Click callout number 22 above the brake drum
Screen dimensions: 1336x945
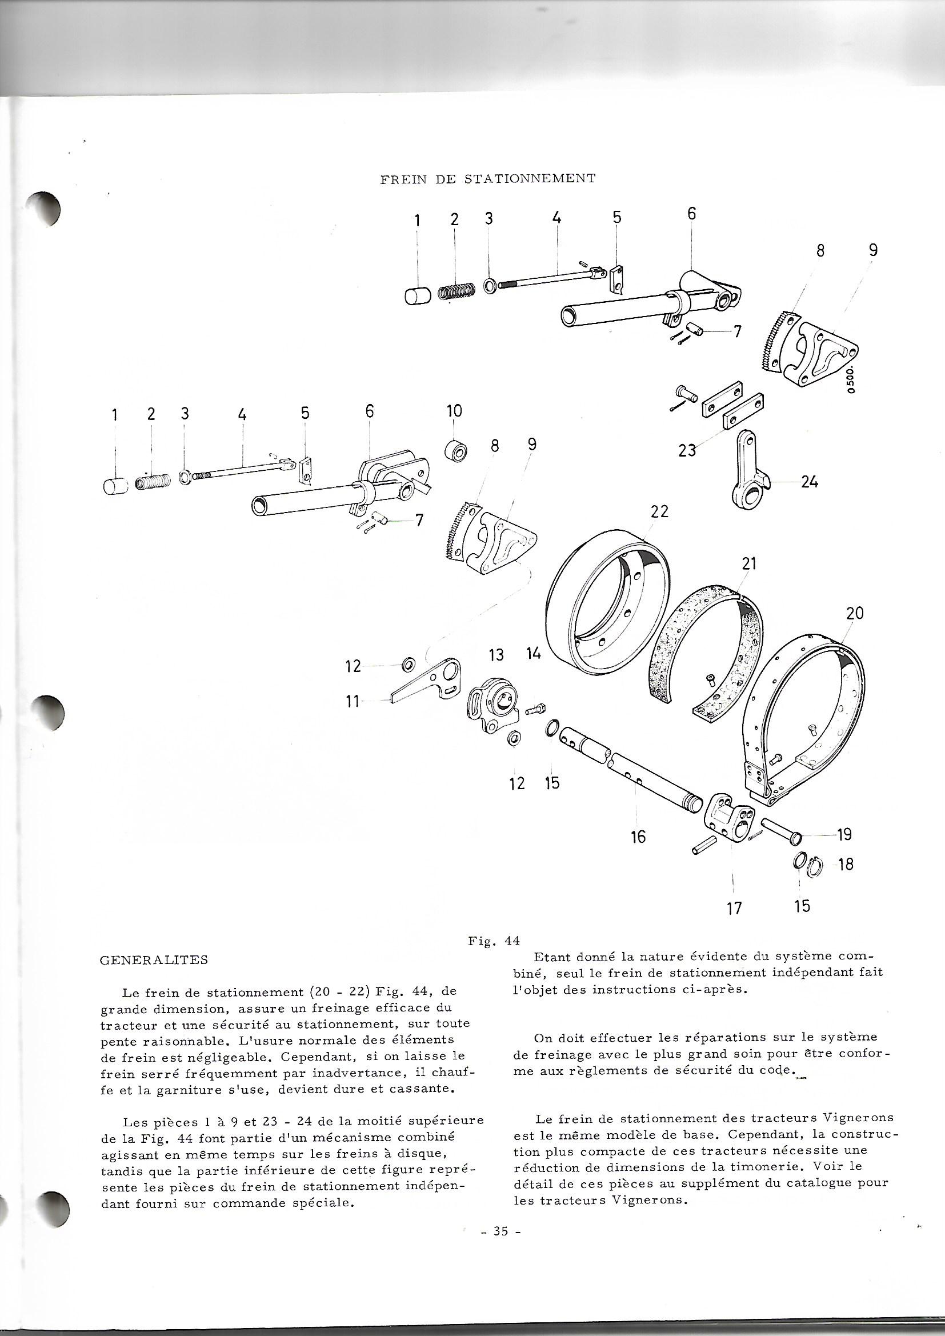click(659, 511)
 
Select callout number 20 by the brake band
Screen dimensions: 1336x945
click(855, 613)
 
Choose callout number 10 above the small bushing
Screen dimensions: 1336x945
click(454, 411)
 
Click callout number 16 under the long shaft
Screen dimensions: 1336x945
click(638, 837)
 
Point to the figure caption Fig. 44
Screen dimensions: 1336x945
click(494, 941)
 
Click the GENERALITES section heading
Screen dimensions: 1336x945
click(154, 961)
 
